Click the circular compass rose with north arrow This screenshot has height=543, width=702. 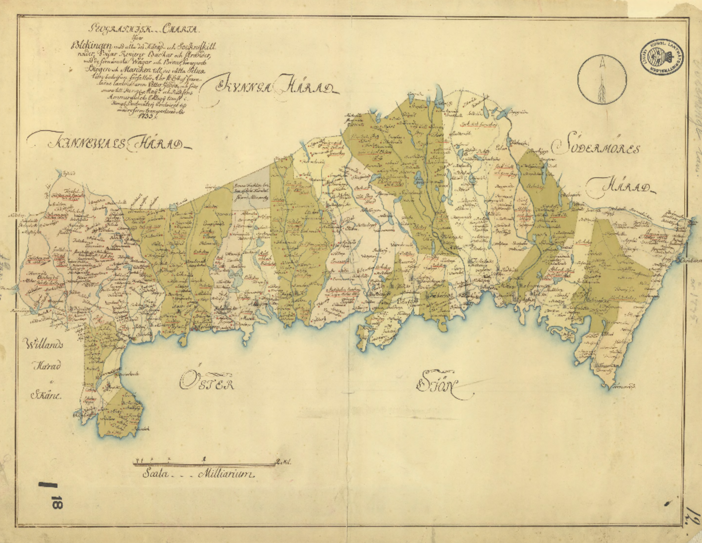pyautogui.click(x=602, y=79)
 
